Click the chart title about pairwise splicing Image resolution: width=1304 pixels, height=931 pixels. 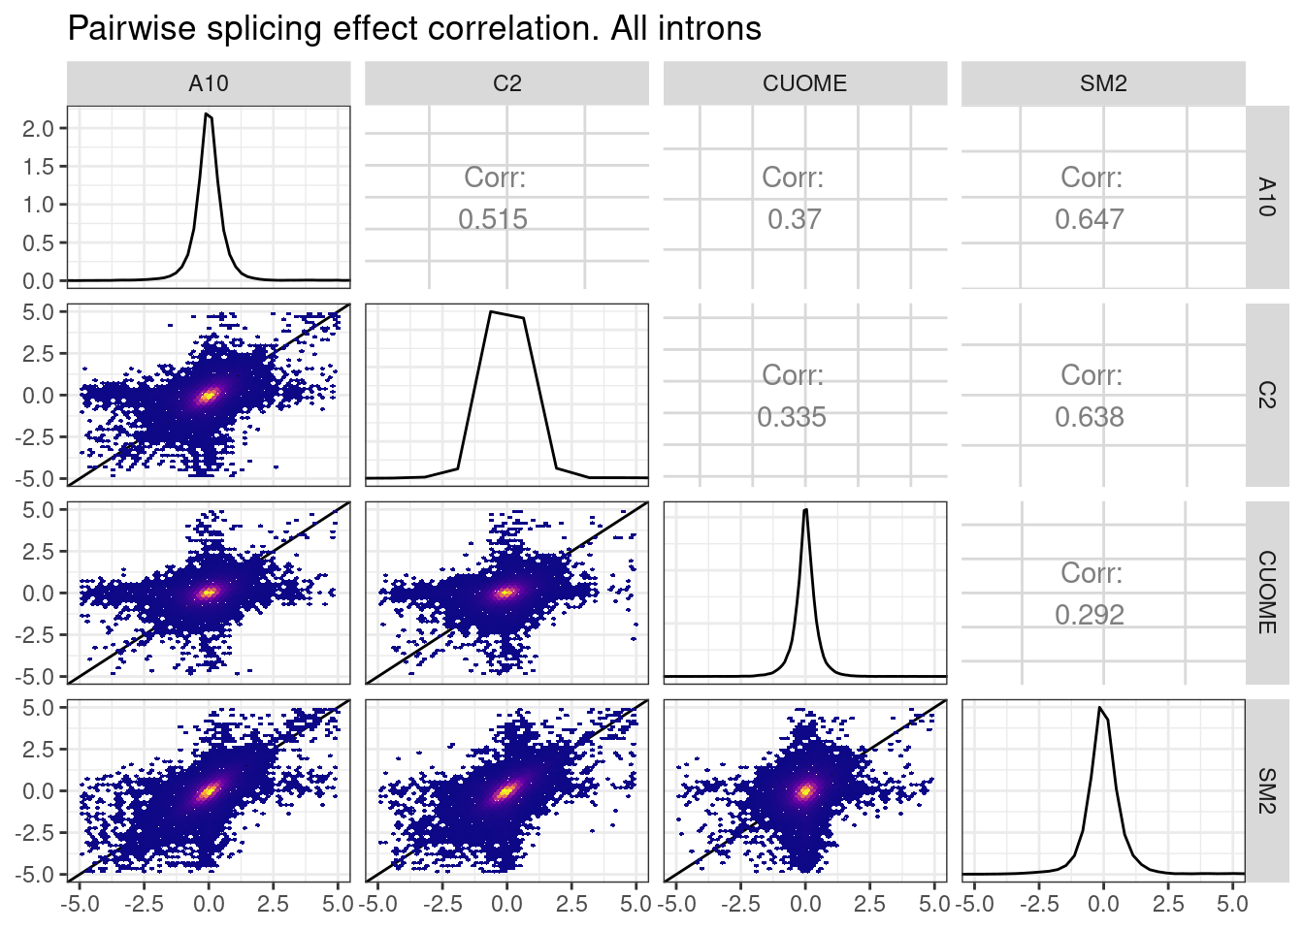click(414, 28)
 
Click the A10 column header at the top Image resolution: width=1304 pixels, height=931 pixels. click(209, 83)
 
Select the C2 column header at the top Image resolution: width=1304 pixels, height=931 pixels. click(506, 83)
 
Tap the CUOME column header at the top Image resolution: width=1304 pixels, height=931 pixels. click(804, 83)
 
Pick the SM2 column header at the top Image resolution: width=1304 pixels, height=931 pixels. click(1103, 83)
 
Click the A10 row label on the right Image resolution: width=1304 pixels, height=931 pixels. click(1266, 197)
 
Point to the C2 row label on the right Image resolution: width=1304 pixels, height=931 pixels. click(1266, 395)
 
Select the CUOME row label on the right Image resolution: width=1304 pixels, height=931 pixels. click(1266, 593)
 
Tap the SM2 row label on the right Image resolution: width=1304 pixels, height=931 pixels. click(1266, 790)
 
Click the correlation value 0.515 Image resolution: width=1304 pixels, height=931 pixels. click(493, 219)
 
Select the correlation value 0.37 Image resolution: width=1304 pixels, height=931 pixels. click(794, 219)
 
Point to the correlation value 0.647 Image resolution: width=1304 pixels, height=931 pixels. click(1090, 219)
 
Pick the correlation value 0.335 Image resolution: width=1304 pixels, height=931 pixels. click(792, 417)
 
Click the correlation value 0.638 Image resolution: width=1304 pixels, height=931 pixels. click(1090, 417)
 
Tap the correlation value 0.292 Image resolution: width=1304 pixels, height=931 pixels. click(1090, 615)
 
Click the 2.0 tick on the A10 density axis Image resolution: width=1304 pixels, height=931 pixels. click(38, 128)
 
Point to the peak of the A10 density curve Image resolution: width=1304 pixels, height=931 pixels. click(207, 114)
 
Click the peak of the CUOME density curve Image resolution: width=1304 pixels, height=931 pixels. click(805, 510)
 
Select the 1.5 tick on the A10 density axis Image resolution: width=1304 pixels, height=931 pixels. click(38, 166)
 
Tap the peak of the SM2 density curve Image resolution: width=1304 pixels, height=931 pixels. click(1099, 707)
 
